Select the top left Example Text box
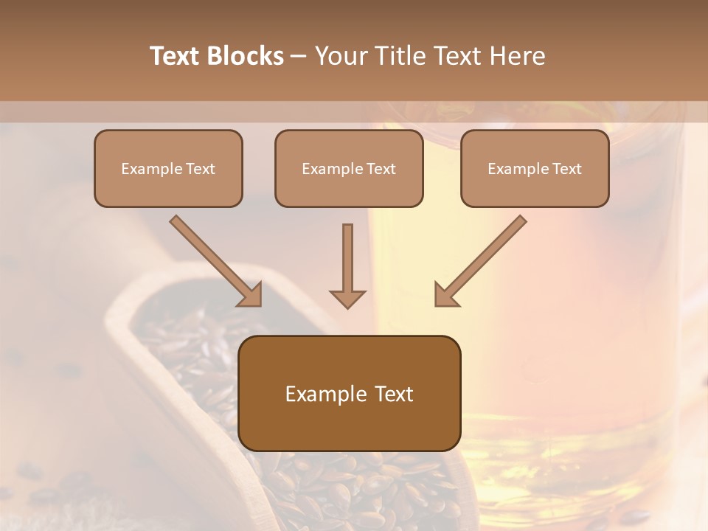[x=168, y=168]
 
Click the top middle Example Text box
[x=349, y=168]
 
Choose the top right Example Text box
[x=535, y=168]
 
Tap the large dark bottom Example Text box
[x=350, y=393]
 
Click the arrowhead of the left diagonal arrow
[x=251, y=295]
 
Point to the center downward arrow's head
[x=347, y=299]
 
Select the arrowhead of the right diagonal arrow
[x=445, y=295]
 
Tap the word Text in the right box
[x=566, y=169]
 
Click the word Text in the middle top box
[x=381, y=169]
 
